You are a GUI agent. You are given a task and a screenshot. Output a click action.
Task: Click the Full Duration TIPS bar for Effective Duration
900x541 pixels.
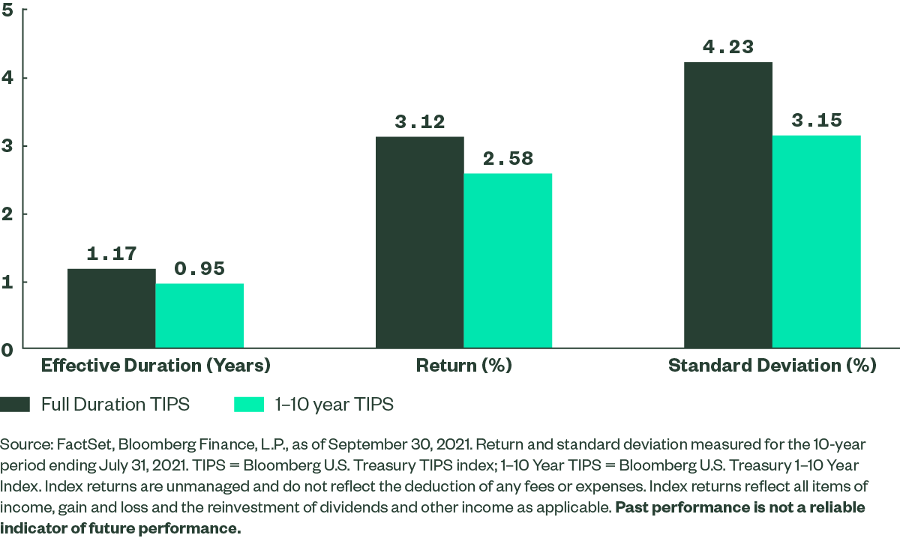pos(111,309)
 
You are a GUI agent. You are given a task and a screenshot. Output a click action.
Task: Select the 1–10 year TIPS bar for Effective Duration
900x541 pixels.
pos(199,316)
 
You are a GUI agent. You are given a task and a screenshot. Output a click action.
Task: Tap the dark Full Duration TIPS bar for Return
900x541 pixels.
pos(420,243)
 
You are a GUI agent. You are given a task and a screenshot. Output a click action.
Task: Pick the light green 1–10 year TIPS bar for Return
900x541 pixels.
pos(508,261)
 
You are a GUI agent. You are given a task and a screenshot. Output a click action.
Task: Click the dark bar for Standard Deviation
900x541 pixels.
pos(728,205)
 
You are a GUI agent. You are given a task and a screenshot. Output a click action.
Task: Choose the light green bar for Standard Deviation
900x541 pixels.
pos(817,242)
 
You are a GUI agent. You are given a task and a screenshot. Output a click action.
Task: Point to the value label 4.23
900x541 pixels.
pos(728,47)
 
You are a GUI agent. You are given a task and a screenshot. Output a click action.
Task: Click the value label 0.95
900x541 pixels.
pos(199,268)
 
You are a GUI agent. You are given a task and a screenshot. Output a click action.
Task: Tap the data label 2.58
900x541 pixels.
pos(508,159)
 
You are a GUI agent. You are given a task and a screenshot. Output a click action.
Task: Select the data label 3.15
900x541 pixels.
pos(817,121)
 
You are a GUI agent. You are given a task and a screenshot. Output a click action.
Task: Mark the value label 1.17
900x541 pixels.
pos(111,254)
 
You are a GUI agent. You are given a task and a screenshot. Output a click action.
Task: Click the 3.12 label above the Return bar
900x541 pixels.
pos(420,122)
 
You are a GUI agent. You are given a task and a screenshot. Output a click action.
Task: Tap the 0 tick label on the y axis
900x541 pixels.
pos(7,349)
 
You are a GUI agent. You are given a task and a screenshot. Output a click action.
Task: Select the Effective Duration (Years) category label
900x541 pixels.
pos(155,366)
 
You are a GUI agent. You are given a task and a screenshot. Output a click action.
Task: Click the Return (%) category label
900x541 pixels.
pos(463,366)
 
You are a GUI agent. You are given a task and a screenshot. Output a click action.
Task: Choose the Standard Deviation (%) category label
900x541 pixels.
pos(772,366)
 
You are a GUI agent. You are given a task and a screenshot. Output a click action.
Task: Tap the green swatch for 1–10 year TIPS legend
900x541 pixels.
pos(249,405)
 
